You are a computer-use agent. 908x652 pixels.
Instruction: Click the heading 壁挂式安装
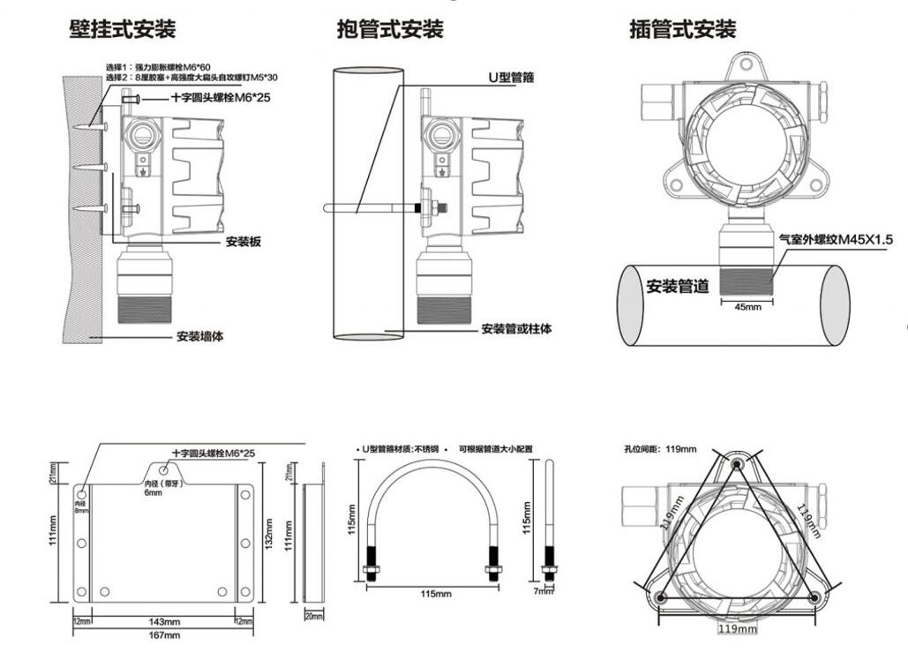click(x=123, y=29)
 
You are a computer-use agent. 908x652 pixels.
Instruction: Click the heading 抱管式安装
click(x=389, y=29)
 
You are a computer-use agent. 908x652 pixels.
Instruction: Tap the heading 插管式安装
click(x=682, y=29)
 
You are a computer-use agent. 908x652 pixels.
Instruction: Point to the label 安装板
click(x=243, y=242)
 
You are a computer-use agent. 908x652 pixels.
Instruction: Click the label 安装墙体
click(x=202, y=336)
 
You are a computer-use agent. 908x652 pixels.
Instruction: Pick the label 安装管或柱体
click(x=516, y=329)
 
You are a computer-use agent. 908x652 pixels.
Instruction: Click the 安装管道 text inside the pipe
click(x=678, y=287)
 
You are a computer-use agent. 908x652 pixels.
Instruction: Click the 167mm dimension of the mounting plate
click(x=166, y=634)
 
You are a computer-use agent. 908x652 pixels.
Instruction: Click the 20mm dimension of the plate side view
click(x=313, y=615)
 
